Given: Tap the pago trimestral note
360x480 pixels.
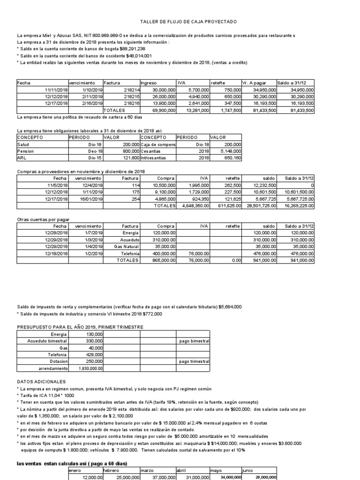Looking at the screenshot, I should tap(194, 361).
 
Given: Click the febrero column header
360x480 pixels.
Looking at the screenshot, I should tap(111, 470).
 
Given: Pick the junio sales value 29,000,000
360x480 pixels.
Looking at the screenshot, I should tap(264, 477).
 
